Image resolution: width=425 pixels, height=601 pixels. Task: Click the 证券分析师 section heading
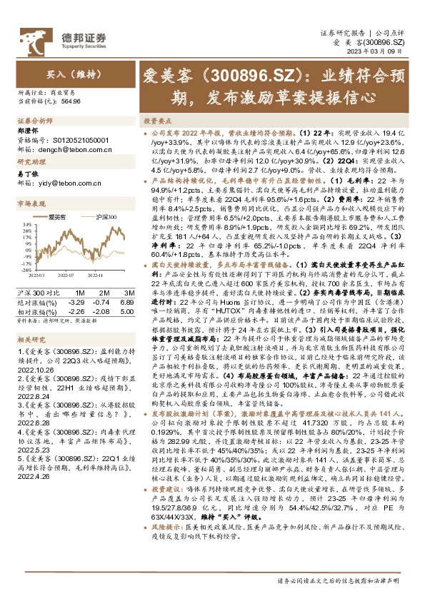31,123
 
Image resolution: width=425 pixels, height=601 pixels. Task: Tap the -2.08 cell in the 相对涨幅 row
104,310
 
